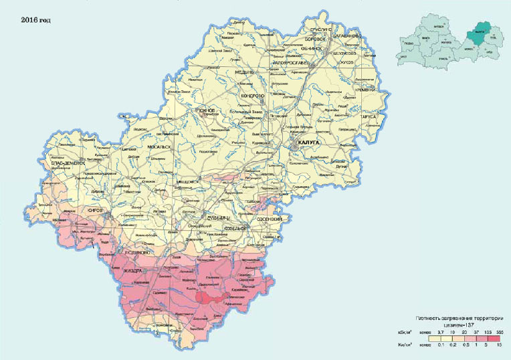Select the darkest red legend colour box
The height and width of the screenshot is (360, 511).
[498, 339]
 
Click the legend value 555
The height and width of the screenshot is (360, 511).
[498, 331]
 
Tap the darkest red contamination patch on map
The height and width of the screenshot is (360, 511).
[212, 297]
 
